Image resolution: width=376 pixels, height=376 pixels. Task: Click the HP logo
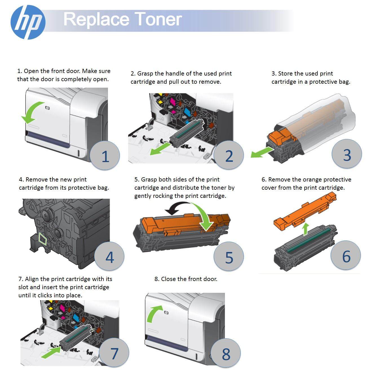pos(28,22)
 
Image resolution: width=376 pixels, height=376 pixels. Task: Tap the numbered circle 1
pos(105,156)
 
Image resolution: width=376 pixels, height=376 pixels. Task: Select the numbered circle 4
pos(109,257)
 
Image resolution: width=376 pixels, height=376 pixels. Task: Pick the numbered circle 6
pos(346,256)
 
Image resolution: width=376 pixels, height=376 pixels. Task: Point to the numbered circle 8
pos(226,354)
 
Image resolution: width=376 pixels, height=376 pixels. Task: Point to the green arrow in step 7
pos(51,353)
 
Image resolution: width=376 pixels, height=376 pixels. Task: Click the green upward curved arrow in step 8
pos(153,313)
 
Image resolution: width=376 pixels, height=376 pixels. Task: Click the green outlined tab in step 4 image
pos(43,239)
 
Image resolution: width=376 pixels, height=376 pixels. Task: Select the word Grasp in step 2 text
pos(145,74)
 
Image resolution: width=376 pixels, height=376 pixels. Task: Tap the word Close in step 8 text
pos(168,279)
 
